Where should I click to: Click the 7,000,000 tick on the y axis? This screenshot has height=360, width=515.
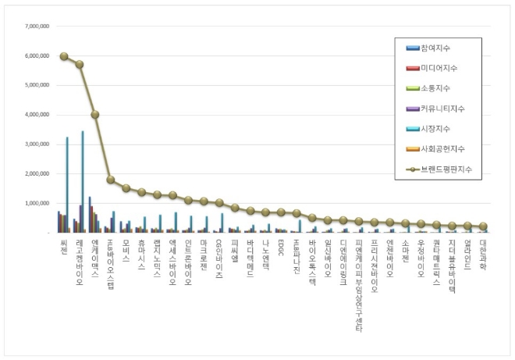tap(36, 26)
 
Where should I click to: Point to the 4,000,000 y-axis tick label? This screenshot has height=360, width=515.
tap(36, 115)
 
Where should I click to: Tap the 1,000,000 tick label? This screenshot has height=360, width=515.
tap(36, 203)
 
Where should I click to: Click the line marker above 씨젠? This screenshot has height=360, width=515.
tap(64, 56)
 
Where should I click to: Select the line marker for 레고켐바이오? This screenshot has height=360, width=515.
tap(80, 65)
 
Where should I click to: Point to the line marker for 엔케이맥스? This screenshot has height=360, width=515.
tap(95, 114)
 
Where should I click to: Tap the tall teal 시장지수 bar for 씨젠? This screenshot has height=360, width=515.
tap(67, 184)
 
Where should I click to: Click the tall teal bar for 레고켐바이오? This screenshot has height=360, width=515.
tap(83, 181)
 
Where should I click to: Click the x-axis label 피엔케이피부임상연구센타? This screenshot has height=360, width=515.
tap(359, 285)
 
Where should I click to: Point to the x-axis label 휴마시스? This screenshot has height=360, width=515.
tap(141, 255)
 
